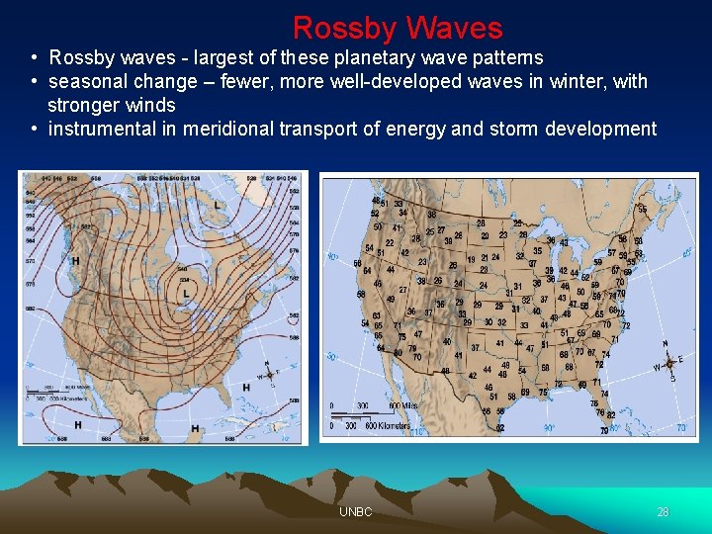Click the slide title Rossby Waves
(398, 27)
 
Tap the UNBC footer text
(355, 512)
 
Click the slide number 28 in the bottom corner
(663, 512)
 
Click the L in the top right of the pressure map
(218, 205)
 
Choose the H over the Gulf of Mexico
(195, 428)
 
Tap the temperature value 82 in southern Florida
(611, 414)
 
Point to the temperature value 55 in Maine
(642, 210)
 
